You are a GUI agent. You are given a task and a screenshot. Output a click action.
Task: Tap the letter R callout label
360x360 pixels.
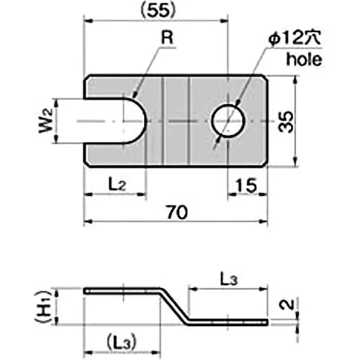167,39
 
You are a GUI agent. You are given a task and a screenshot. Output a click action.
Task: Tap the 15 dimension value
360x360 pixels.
246,184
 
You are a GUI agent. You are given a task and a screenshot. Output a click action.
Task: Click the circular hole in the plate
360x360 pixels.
229,121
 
